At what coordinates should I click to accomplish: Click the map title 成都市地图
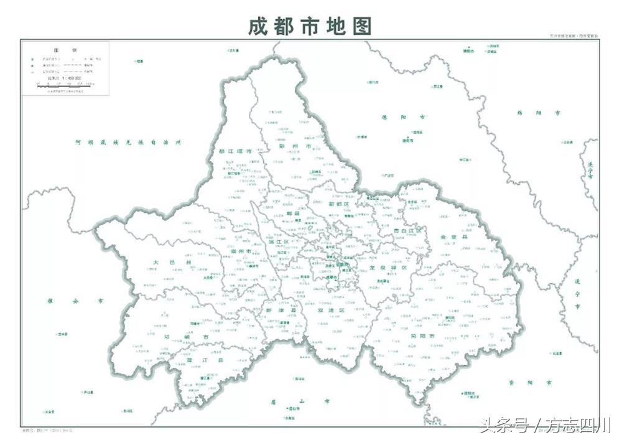pos(310,26)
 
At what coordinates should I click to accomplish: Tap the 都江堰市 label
pos(235,151)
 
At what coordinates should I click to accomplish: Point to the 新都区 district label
pos(340,204)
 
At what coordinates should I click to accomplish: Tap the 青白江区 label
pos(407,231)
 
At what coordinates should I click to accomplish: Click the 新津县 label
pos(274,309)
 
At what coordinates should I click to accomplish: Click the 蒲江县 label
pos(195,360)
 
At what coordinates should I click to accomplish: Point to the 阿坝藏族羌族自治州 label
pos(127,143)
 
